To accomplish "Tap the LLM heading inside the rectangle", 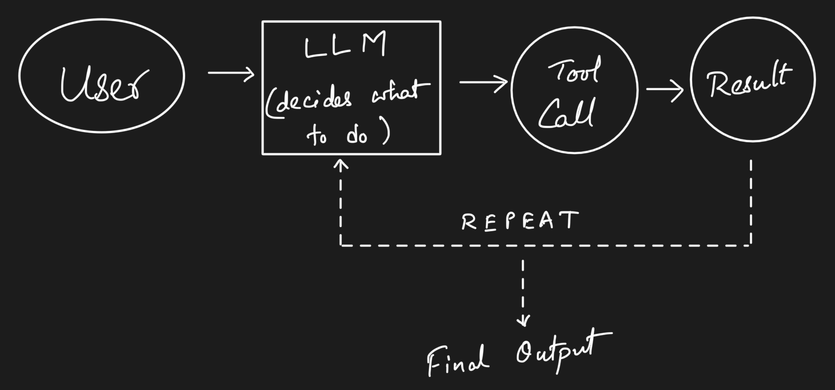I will pyautogui.click(x=345, y=47).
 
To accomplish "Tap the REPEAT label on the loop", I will pyautogui.click(x=519, y=221).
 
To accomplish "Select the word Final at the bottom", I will pyautogui.click(x=458, y=360).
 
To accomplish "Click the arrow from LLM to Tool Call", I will pyautogui.click(x=483, y=82).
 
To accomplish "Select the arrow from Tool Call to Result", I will pyautogui.click(x=664, y=91).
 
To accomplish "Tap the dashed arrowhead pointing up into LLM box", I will pyautogui.click(x=341, y=165).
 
